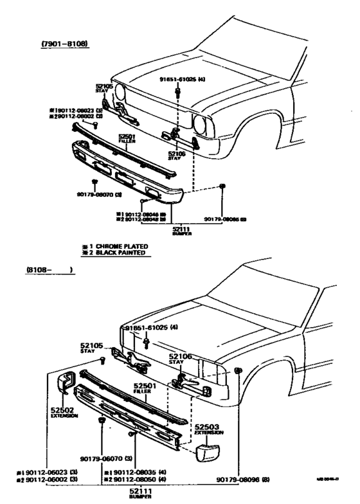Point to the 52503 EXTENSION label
point(209,429)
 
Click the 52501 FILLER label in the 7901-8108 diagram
point(125,138)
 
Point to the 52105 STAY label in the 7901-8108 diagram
point(104,88)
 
